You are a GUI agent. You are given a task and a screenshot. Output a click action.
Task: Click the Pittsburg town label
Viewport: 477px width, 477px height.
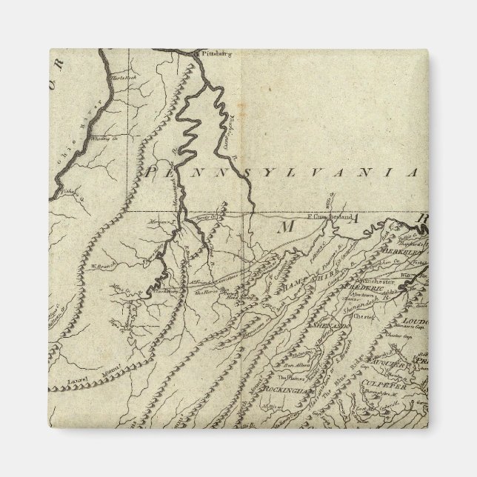[x=212, y=54]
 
